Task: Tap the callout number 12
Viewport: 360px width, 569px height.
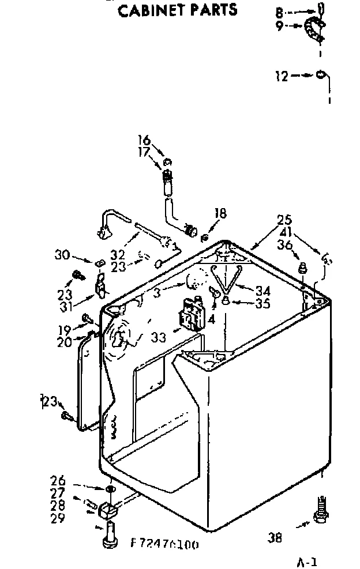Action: (x=282, y=76)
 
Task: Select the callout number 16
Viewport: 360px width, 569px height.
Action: (x=144, y=140)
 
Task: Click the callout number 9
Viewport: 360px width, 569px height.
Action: (x=280, y=26)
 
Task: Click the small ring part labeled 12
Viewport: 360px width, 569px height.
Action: (x=320, y=75)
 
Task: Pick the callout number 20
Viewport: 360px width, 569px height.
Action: (x=65, y=342)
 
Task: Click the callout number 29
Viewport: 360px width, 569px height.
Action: (x=58, y=518)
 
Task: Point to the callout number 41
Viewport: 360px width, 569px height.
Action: (x=283, y=232)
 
